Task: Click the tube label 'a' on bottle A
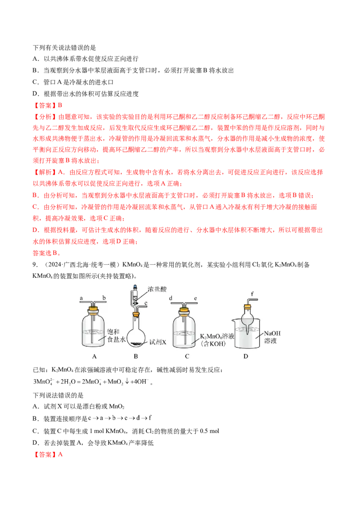[x=81, y=298]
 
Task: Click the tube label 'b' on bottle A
[x=104, y=297]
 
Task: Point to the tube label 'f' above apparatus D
[x=252, y=294]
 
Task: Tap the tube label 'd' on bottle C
[x=171, y=298]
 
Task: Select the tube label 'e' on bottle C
[x=195, y=298]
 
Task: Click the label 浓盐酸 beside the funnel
[x=157, y=289]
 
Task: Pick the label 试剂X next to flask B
[x=157, y=342]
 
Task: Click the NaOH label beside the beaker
[x=272, y=333]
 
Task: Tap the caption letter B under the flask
[x=136, y=356]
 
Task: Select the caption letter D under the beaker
[x=246, y=356]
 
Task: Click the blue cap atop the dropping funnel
[x=135, y=287]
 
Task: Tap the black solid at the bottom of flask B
[x=136, y=343]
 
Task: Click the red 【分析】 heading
[x=45, y=117]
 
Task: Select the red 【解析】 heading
[x=45, y=172]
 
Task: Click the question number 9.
[x=35, y=264]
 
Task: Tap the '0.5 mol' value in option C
[x=210, y=431]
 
